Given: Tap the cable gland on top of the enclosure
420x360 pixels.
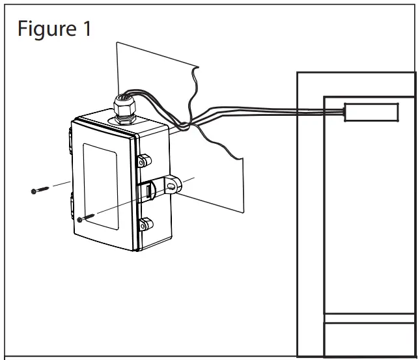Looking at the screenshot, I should tap(124, 107).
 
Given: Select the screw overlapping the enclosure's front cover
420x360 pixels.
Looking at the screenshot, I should tap(87, 217).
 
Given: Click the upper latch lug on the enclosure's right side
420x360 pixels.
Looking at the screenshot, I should tap(145, 160).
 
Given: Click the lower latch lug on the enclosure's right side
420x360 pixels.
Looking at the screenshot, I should tap(145, 226).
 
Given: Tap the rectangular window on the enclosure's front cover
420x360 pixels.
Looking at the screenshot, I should tap(100, 186).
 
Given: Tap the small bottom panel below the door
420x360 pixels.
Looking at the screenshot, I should tap(369, 338).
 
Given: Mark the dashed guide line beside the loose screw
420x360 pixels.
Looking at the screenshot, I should tap(60, 184).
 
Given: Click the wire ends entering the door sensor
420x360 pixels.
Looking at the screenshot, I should tap(339, 111).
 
